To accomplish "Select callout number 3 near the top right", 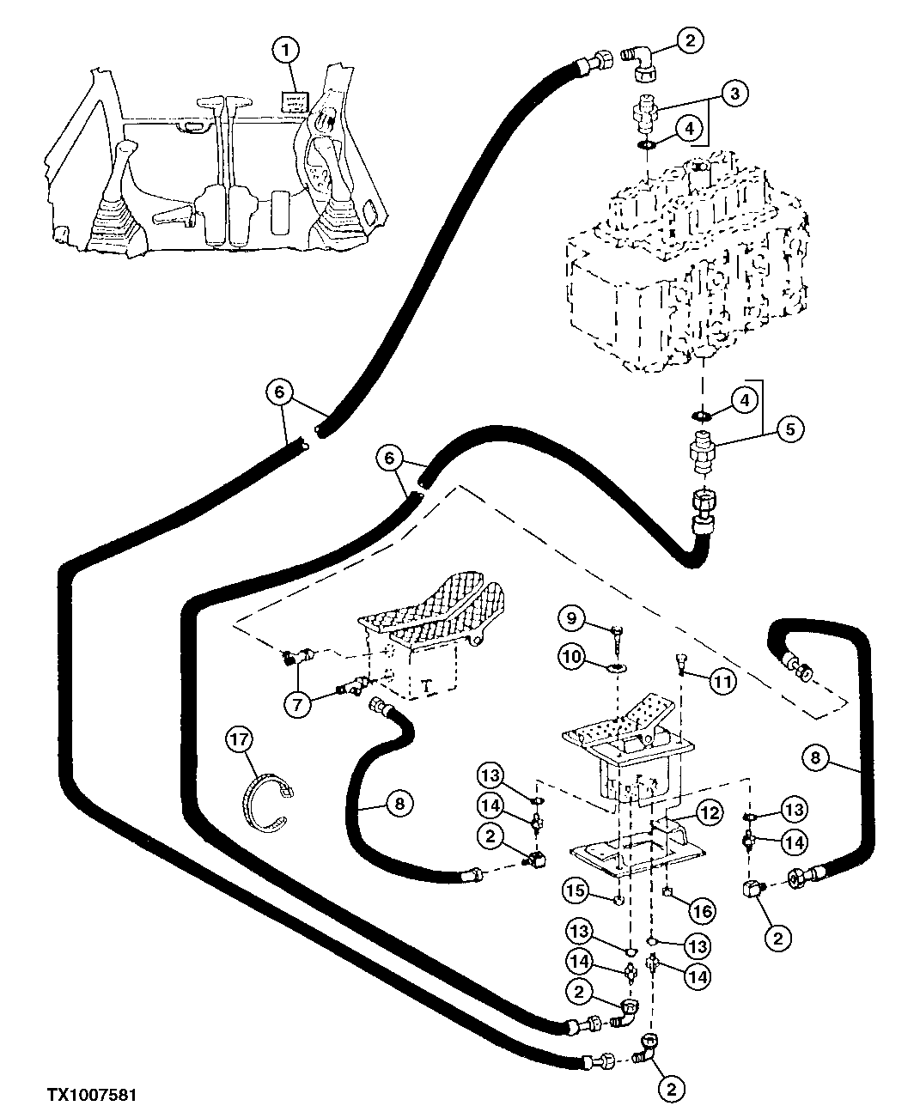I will pyautogui.click(x=734, y=94).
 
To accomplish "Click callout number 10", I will pyautogui.click(x=574, y=659).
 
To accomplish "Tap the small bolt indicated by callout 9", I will pyautogui.click(x=618, y=636).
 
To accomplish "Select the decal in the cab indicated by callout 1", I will pyautogui.click(x=295, y=105).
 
